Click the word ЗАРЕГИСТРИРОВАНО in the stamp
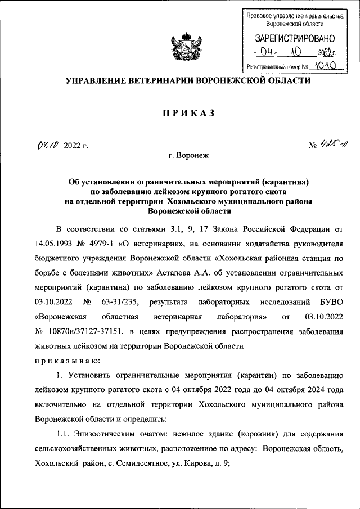(295, 39)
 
